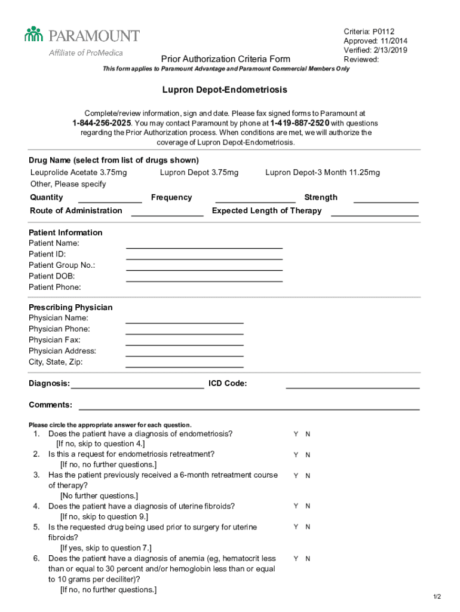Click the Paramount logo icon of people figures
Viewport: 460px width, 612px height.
(x=34, y=34)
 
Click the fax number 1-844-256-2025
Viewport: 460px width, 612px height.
(x=102, y=123)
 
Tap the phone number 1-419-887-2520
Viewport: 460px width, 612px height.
(x=299, y=123)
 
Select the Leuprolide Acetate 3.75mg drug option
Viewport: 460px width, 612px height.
(x=78, y=173)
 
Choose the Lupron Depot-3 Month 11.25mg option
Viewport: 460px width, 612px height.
(x=322, y=173)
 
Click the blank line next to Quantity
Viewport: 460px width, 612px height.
(x=110, y=201)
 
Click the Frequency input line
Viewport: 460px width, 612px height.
(x=255, y=201)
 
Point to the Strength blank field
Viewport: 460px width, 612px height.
(x=386, y=201)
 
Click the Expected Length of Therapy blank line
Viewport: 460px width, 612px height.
(x=375, y=214)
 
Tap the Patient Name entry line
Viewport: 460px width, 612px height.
(x=204, y=246)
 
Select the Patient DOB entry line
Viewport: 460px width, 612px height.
(x=204, y=279)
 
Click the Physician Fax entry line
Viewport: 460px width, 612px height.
(x=185, y=344)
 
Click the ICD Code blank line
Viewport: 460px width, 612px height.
(x=352, y=387)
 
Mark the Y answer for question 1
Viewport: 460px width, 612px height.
(x=295, y=434)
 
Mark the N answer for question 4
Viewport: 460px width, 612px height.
(x=308, y=506)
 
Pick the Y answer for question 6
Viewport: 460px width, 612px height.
(x=295, y=558)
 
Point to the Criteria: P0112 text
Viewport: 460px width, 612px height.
(x=369, y=31)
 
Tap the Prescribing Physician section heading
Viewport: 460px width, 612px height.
(x=70, y=307)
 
